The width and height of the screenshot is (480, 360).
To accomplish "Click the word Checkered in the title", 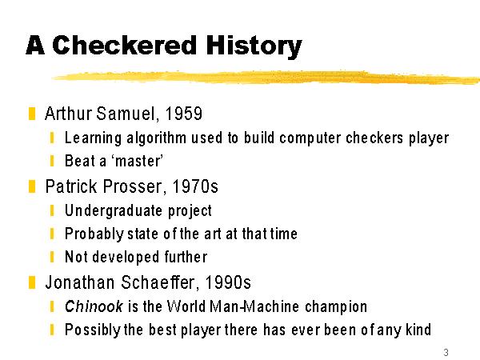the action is click(x=124, y=46).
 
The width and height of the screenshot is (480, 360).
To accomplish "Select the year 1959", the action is click(x=184, y=114).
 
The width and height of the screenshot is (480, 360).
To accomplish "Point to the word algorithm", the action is click(x=157, y=138).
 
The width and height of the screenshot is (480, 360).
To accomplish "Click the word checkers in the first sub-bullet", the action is click(x=375, y=138).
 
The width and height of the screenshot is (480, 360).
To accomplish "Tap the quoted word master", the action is click(x=138, y=161).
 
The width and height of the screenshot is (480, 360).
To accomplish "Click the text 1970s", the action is click(x=195, y=186).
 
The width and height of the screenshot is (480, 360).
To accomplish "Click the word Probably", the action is click(x=94, y=234).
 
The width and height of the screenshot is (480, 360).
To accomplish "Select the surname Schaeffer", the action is click(x=159, y=282).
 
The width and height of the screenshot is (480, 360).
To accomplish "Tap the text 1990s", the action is click(x=228, y=282).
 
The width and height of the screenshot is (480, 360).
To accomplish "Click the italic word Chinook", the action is click(x=94, y=306).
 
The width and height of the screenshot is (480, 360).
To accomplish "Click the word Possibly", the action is click(x=93, y=330).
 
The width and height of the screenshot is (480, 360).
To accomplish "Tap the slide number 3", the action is click(x=446, y=352).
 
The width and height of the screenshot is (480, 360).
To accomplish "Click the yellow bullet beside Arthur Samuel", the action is click(x=32, y=114).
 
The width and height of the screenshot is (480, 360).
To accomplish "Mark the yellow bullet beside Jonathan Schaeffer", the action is click(x=32, y=282).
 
